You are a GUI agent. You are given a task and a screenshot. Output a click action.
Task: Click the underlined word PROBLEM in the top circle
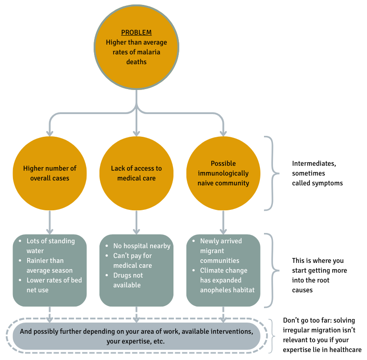136,33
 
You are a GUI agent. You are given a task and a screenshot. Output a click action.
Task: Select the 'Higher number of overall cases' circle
50,173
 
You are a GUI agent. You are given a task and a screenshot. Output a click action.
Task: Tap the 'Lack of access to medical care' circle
136,173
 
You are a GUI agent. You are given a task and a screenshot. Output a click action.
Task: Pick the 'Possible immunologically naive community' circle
223,173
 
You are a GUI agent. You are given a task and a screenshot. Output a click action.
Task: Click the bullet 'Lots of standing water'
50,245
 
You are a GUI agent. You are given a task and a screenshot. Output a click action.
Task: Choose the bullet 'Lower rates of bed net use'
54,285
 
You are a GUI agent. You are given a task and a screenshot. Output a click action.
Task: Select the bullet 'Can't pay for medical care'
132,261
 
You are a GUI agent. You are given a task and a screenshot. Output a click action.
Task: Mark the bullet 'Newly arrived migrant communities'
221,250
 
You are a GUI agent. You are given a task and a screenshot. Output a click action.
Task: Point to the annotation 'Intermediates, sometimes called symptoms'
317,173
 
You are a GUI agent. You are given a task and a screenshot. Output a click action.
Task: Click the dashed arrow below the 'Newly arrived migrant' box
223,314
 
